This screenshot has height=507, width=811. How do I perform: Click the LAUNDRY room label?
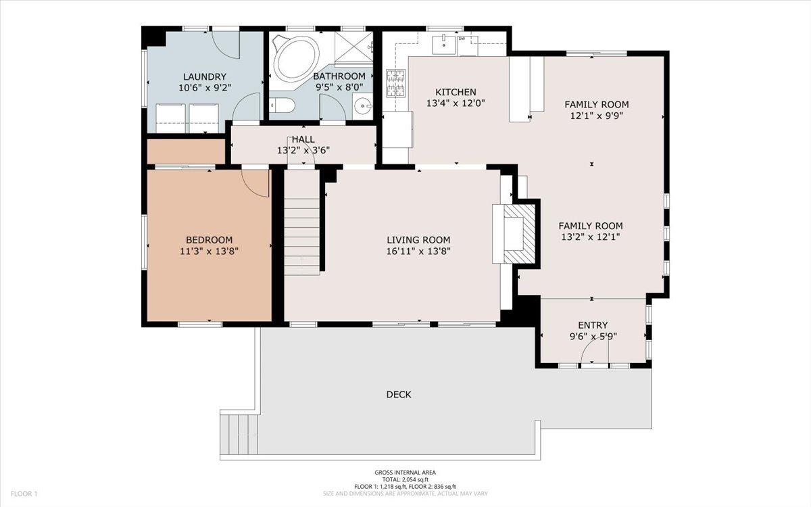click(205, 77)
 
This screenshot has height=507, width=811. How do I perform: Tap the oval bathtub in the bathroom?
click(296, 59)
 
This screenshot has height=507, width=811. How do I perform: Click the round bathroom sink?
click(362, 106)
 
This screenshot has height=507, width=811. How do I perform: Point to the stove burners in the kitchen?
click(395, 84)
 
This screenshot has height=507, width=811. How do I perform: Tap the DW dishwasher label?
click(462, 39)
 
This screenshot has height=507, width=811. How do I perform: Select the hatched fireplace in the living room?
click(519, 234)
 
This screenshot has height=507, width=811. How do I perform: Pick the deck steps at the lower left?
click(239, 434)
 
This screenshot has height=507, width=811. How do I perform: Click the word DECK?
click(399, 394)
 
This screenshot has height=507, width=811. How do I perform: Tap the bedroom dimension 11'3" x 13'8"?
click(209, 251)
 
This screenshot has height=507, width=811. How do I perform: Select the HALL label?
click(303, 139)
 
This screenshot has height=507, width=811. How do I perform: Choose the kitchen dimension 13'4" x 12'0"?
click(456, 103)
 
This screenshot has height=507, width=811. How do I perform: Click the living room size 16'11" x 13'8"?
click(418, 251)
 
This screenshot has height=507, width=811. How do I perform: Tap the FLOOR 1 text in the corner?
click(24, 493)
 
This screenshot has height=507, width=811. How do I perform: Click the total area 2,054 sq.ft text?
click(405, 479)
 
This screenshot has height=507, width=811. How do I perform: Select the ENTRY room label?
click(593, 325)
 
